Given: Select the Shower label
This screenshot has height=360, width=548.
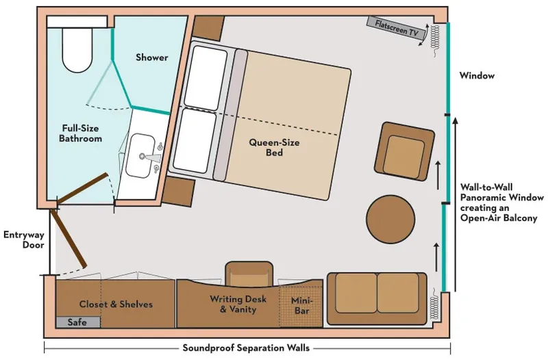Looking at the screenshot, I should click(x=151, y=57).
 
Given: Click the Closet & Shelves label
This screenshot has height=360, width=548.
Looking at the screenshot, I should click(x=116, y=304).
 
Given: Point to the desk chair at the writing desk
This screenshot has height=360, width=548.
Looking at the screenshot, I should click(x=247, y=273).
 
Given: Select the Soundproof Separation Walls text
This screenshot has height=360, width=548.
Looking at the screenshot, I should click(x=246, y=348).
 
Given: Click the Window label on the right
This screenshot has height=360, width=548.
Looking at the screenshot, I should click(x=477, y=76).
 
